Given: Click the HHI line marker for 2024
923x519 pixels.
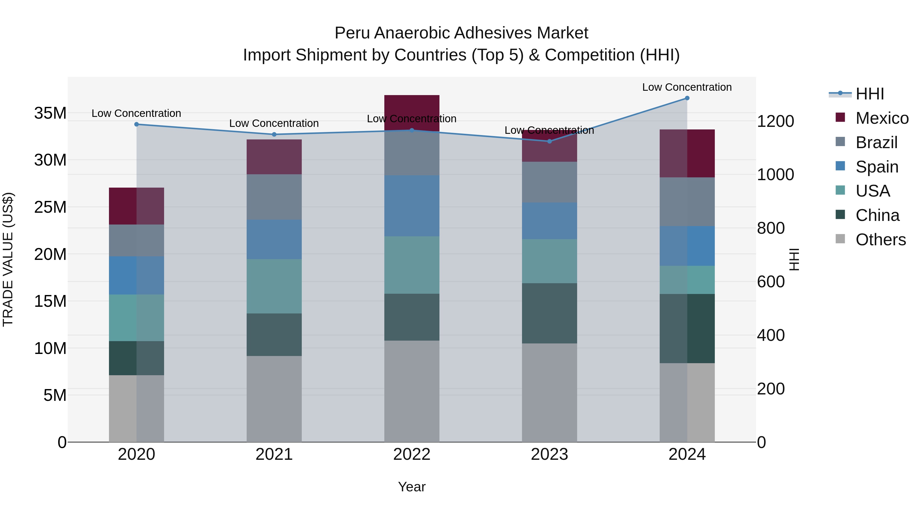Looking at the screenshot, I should (x=687, y=98).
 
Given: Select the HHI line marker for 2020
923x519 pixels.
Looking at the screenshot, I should (x=136, y=124).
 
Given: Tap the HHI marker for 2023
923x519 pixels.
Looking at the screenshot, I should (x=549, y=141).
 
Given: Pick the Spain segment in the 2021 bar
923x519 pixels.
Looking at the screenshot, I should (x=274, y=239).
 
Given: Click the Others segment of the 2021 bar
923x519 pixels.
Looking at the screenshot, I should (x=274, y=398).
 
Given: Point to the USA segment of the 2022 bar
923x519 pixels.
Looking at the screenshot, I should (x=412, y=265).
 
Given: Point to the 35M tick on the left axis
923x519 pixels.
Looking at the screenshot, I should (x=50, y=113).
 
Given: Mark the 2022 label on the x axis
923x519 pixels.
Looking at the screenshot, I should (x=412, y=454).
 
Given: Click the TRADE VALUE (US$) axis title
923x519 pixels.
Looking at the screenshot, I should (x=8, y=259).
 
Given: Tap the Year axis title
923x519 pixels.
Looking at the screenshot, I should (x=412, y=487).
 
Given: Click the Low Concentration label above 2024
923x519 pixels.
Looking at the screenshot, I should (x=687, y=87).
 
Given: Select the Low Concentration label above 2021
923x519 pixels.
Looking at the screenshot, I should (x=274, y=123).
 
